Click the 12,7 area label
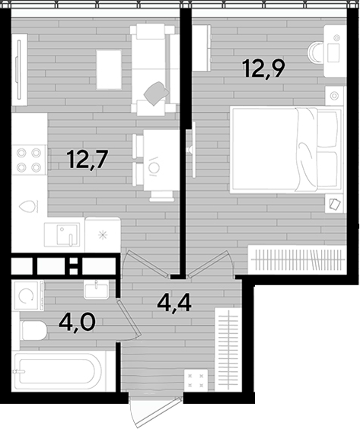point(88,159)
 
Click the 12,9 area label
point(264,68)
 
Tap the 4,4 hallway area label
point(174,303)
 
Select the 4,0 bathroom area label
point(77,322)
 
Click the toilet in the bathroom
point(33,330)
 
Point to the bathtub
point(59,371)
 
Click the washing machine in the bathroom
point(27,295)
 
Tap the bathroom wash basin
point(96,290)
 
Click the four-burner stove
point(29,160)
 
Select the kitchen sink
point(62,234)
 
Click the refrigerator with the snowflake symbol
point(103,234)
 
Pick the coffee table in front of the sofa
point(109,69)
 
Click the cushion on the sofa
point(156,94)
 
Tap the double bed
point(286,149)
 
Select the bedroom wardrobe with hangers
point(297,259)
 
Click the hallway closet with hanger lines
point(228,348)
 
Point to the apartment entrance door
point(156,412)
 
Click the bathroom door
point(129,320)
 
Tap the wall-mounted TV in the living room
point(19,69)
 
